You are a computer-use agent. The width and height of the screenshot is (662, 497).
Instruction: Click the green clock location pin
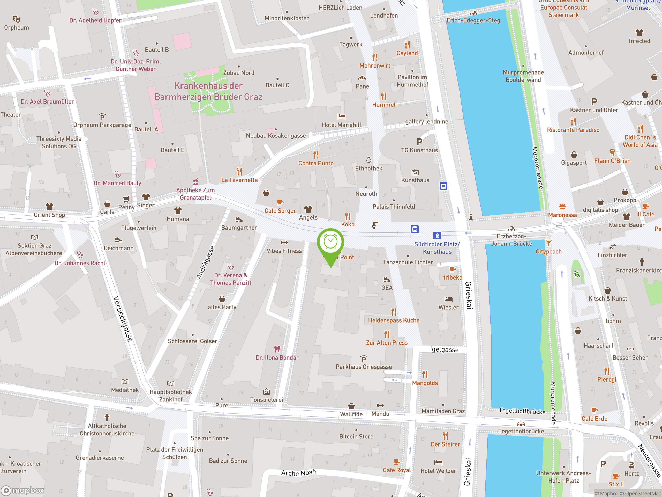click(330, 242)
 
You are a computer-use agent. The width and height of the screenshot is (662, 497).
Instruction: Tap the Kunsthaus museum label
click(415, 180)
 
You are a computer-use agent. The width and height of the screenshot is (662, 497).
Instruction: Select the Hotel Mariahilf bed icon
click(342, 116)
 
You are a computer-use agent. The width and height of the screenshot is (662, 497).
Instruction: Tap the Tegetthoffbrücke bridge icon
click(521, 423)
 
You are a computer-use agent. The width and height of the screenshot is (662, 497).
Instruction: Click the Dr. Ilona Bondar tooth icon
click(277, 349)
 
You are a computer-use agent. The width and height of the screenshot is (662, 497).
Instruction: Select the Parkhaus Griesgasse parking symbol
click(364, 359)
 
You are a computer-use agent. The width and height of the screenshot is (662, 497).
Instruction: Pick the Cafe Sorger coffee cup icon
click(280, 202)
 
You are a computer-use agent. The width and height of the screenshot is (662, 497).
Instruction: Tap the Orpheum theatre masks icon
click(17, 19)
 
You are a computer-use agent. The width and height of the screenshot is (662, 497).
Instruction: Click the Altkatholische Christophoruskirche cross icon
click(107, 417)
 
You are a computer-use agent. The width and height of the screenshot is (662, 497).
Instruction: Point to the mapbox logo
click(23, 491)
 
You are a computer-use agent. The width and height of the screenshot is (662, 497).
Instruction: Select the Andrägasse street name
click(206, 263)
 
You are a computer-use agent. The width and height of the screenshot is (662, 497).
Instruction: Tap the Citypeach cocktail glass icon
click(548, 243)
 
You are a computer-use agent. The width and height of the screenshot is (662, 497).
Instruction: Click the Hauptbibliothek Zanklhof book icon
click(171, 383)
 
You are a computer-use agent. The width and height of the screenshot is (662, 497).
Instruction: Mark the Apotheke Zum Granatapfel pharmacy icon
click(195, 181)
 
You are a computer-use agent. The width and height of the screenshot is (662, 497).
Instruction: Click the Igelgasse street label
click(444, 350)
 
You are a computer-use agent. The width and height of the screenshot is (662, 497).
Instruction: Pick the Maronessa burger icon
click(562, 206)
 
